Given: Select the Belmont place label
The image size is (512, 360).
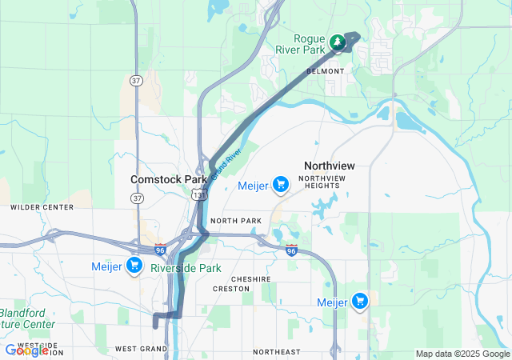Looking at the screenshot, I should coord(325,71).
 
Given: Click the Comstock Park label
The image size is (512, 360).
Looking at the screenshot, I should coord(170,180).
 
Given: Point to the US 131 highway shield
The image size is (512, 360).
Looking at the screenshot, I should coord(198,194).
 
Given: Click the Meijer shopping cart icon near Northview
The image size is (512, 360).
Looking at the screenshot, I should coord(280,186).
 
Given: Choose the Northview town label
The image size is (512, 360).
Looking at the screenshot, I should coord(329,166).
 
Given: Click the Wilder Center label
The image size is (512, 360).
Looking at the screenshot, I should coord(42,207).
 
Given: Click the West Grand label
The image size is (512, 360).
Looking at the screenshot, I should coord(140,349).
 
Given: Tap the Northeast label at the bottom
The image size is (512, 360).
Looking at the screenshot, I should coord(276,352).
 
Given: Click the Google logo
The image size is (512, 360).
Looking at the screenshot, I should coord(26,350).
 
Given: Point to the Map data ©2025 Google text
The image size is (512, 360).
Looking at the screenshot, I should coord(461,354).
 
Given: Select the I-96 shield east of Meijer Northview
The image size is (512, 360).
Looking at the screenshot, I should coord(292,250).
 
